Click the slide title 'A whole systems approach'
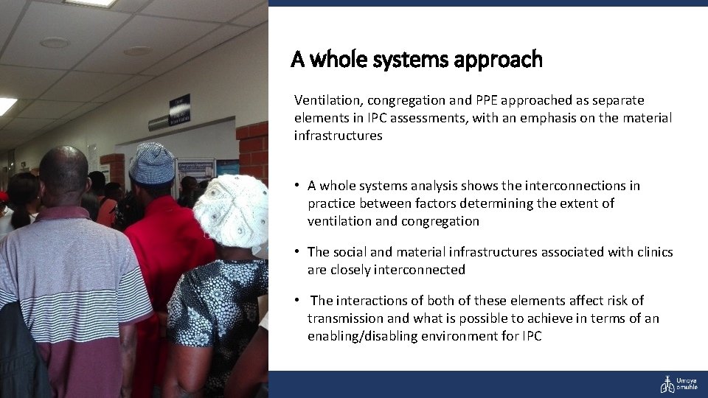point(417,59)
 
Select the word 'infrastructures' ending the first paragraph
point(338,136)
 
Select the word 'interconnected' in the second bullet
point(423,270)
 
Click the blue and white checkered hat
point(152,164)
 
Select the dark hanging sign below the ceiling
point(179,111)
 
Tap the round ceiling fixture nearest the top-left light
point(54,43)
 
